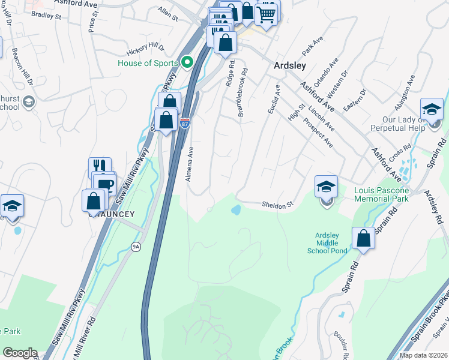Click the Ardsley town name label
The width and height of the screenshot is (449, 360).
pyautogui.click(x=290, y=65)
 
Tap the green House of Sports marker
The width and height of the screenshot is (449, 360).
pyautogui.click(x=187, y=62)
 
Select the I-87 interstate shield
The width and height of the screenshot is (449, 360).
pyautogui.click(x=185, y=124)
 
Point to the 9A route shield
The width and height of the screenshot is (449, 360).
pyautogui.click(x=136, y=247)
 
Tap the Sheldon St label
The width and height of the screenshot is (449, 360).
pyautogui.click(x=276, y=205)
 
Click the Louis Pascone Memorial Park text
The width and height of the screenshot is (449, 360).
pyautogui.click(x=381, y=194)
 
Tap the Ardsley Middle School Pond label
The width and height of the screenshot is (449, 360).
pyautogui.click(x=331, y=242)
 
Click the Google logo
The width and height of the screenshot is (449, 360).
pyautogui.click(x=20, y=353)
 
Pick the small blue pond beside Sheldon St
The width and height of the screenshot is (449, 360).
pyautogui.click(x=236, y=210)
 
